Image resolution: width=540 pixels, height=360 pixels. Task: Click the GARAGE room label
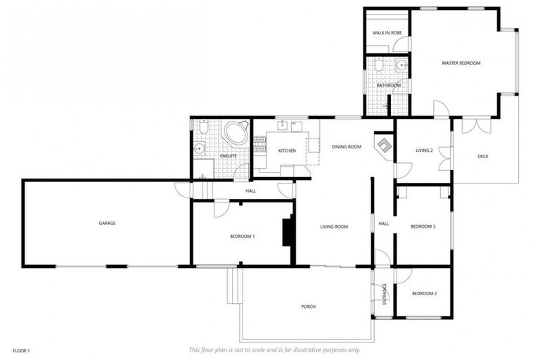(107, 223)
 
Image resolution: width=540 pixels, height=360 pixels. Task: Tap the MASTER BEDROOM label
(461, 63)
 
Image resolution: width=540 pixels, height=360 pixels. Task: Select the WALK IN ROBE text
(387, 33)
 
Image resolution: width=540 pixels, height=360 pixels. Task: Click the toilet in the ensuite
(203, 128)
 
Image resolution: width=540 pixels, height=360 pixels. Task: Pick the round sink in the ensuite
(200, 148)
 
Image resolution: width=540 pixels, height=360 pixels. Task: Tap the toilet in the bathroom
(378, 65)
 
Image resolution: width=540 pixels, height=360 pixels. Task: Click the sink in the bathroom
(401, 66)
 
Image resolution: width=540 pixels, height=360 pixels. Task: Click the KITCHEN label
(286, 151)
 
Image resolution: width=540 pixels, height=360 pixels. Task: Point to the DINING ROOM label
(346, 147)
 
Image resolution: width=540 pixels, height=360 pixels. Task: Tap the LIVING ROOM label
(334, 226)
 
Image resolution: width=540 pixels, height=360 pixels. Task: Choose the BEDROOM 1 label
(242, 236)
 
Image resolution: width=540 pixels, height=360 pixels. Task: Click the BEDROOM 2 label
(425, 292)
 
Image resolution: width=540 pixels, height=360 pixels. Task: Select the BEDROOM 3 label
(423, 226)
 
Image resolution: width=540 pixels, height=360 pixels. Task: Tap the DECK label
(482, 157)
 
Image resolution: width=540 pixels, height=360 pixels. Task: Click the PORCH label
(308, 307)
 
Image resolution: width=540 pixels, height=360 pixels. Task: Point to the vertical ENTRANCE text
(385, 292)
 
